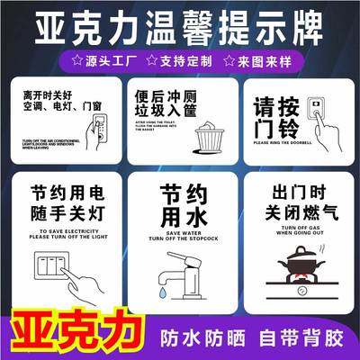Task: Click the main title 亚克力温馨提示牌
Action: [180, 27]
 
